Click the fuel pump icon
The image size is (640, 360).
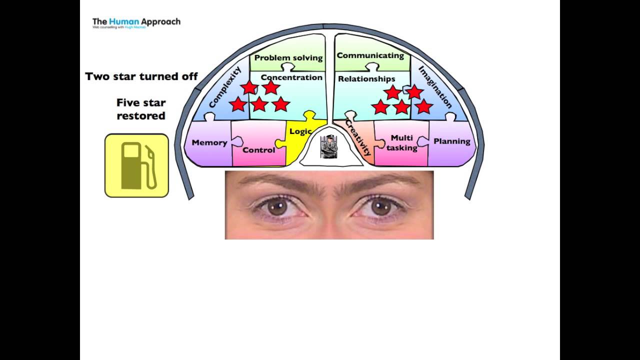pyautogui.click(x=136, y=165)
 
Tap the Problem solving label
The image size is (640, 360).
pyautogui.click(x=288, y=57)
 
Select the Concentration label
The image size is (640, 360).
pyautogui.click(x=291, y=77)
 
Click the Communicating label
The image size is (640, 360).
pyautogui.click(x=370, y=55)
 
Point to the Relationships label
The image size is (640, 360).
pyautogui.click(x=366, y=79)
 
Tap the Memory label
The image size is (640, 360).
pyautogui.click(x=209, y=142)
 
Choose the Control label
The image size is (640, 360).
pyautogui.click(x=258, y=150)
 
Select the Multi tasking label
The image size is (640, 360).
pyautogui.click(x=402, y=142)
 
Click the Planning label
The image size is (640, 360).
pyautogui.click(x=451, y=141)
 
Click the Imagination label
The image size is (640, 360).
pyautogui.click(x=435, y=87)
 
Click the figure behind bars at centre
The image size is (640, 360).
pyautogui.click(x=328, y=146)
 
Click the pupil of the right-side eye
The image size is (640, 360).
pyautogui.click(x=381, y=207)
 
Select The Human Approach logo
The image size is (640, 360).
pyautogui.click(x=136, y=22)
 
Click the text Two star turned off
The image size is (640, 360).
pyautogui.click(x=141, y=76)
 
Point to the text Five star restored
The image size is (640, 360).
pyautogui.click(x=141, y=109)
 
